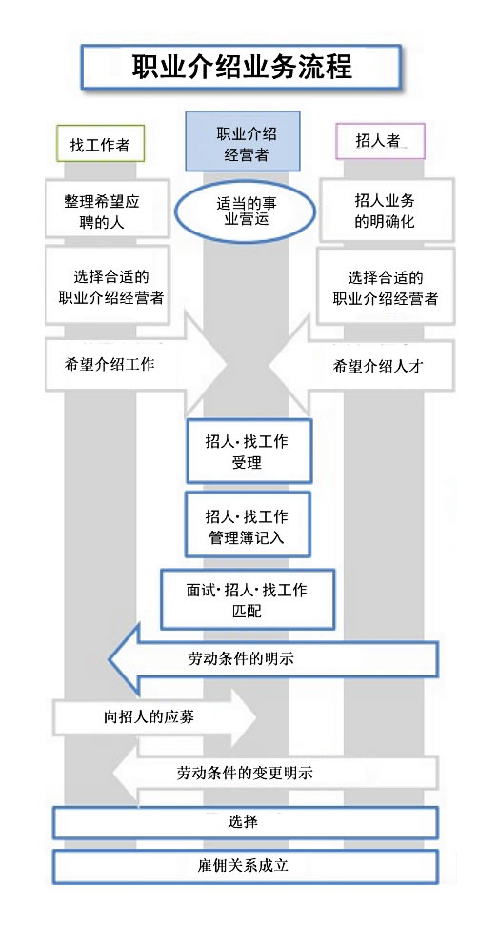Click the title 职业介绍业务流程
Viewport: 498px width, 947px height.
click(242, 67)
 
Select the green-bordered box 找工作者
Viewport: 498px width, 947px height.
click(100, 144)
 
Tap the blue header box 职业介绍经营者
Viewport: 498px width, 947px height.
click(243, 141)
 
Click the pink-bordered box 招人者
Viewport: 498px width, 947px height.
click(380, 141)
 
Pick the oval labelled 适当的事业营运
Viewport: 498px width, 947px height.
click(245, 211)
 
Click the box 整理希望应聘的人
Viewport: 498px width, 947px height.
click(102, 210)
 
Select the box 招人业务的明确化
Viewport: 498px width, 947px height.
click(387, 209)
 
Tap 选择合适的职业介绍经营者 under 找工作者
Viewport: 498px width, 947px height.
click(108, 285)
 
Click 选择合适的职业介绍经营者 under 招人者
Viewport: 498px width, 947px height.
click(386, 286)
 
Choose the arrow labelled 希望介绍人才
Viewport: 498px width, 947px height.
click(362, 365)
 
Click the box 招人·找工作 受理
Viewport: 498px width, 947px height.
click(249, 452)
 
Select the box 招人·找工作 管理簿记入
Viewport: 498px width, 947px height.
click(248, 524)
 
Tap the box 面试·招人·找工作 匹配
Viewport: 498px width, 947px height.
click(248, 598)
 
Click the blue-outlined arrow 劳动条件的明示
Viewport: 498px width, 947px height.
click(273, 658)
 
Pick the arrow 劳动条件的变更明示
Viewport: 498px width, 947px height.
click(274, 773)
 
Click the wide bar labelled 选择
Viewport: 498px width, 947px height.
click(245, 822)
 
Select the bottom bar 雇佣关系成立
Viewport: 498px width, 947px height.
click(245, 866)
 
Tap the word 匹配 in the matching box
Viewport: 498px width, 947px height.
click(247, 610)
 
